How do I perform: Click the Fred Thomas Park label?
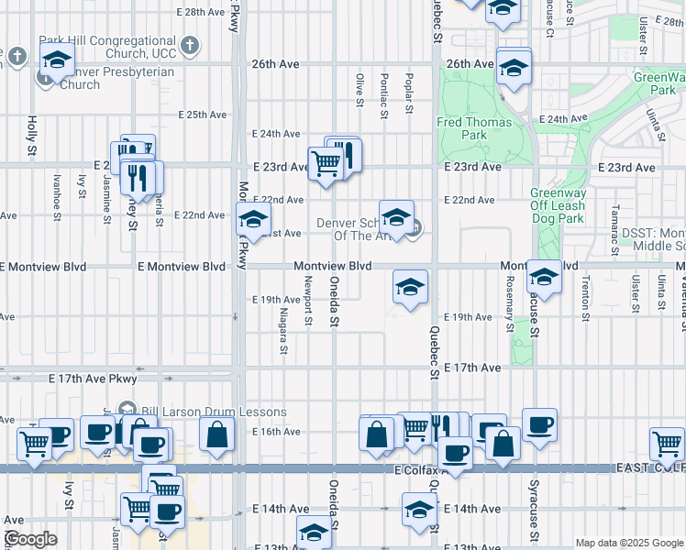pyautogui.click(x=474, y=128)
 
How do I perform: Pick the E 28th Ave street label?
pyautogui.click(x=200, y=13)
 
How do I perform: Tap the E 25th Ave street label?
pyautogui.click(x=201, y=115)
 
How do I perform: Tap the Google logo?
pyautogui.click(x=29, y=539)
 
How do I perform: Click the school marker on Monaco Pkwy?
pyautogui.click(x=253, y=219)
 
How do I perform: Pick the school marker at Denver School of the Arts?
pyautogui.click(x=396, y=217)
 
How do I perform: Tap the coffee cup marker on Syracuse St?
pyautogui.click(x=539, y=424)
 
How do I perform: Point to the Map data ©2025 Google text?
pyautogui.click(x=628, y=543)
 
